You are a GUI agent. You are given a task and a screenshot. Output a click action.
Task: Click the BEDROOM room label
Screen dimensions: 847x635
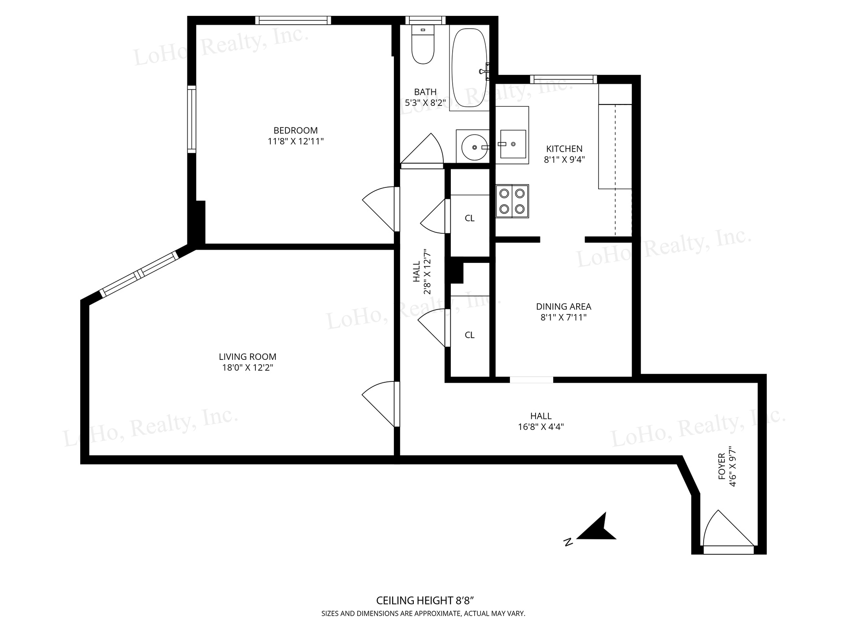[x=296, y=131]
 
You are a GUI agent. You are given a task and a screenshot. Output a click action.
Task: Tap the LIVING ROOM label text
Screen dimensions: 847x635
[x=247, y=357]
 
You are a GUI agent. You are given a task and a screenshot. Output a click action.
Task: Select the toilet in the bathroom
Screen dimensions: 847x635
[x=423, y=44]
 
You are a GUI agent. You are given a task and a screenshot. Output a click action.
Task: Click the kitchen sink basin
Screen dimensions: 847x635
[x=513, y=144]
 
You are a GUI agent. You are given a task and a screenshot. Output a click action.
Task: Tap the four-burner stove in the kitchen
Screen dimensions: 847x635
[x=512, y=201]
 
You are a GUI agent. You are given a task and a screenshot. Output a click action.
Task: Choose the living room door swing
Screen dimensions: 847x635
[x=379, y=404]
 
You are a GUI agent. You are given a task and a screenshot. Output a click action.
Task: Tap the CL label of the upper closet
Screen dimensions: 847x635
[x=469, y=218]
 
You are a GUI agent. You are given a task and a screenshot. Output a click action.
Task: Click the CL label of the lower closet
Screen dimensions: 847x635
[x=469, y=335]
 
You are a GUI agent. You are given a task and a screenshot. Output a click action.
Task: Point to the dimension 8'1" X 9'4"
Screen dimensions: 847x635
[x=564, y=160]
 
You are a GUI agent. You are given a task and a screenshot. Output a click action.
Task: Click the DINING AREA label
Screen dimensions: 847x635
[x=564, y=306]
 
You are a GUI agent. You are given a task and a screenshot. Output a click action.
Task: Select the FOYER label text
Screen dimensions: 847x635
[x=722, y=467]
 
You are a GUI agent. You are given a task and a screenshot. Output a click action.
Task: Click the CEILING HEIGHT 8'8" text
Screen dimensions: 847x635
[x=425, y=601]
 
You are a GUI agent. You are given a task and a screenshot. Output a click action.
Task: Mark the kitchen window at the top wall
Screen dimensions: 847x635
[x=563, y=79]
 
